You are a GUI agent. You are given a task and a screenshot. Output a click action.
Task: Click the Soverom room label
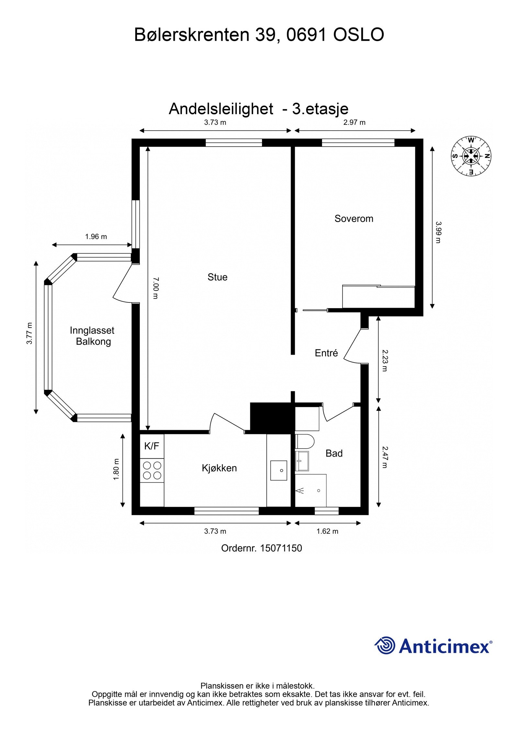(x=354, y=219)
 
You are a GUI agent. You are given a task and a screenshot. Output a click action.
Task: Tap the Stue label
(x=217, y=277)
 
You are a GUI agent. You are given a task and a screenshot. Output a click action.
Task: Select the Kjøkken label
(x=219, y=468)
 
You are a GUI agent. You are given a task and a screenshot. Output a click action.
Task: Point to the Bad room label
(x=334, y=453)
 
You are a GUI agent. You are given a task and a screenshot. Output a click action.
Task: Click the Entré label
(x=326, y=353)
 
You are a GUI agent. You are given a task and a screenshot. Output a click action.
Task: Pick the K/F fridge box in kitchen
(x=152, y=446)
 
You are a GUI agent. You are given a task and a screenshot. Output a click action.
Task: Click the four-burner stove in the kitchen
(x=152, y=470)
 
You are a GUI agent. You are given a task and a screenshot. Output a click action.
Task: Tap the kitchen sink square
(x=278, y=470)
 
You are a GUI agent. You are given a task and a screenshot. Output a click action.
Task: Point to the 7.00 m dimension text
(x=155, y=288)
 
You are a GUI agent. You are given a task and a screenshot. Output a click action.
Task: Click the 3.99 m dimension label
(x=438, y=232)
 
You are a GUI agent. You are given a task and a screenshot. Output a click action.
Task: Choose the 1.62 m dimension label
(x=327, y=531)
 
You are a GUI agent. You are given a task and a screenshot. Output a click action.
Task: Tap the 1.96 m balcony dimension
(x=96, y=236)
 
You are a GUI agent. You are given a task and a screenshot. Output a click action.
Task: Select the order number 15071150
(x=281, y=548)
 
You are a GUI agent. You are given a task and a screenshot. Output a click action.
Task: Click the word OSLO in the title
(x=358, y=35)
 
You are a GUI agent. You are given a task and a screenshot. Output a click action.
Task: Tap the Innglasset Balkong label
(x=92, y=336)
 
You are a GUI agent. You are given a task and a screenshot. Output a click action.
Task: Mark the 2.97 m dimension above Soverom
(x=354, y=122)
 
